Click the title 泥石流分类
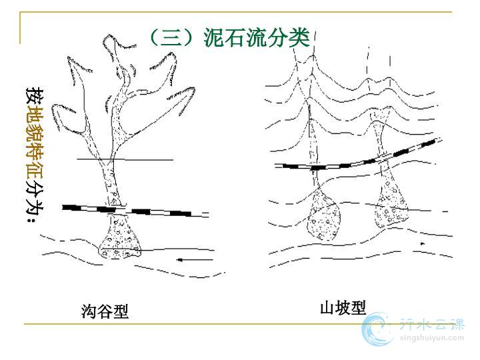(257, 37)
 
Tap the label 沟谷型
(105, 311)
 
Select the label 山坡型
(343, 307)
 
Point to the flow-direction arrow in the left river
(195, 260)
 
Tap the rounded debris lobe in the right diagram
(323, 214)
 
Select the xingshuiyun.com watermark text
(432, 338)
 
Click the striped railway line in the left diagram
(135, 211)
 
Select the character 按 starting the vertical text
(34, 95)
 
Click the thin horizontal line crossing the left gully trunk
(125, 159)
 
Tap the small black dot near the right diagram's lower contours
(423, 244)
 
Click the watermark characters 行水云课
(432, 323)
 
